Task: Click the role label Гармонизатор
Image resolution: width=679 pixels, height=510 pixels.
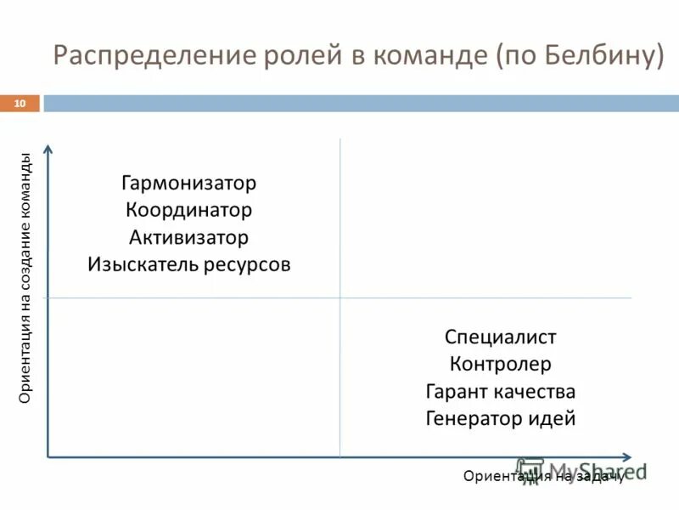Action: coord(188,183)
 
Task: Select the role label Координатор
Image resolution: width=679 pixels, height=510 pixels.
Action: coord(188,210)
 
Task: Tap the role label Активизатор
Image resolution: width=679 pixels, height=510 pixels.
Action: coord(188,237)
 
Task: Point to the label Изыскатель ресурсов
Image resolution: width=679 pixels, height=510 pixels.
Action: coord(188,264)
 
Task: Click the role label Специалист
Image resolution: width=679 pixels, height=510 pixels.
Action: coord(500,337)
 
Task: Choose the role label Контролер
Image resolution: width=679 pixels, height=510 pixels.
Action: coord(500,364)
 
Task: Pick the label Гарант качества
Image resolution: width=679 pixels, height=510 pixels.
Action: coord(500,391)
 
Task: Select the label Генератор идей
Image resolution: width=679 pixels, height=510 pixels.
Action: coord(500,418)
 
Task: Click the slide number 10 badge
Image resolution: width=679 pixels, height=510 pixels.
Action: coord(20,103)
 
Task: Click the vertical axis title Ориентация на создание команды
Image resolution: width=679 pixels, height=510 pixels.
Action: coord(25,278)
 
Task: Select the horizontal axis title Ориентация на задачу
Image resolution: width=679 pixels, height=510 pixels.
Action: coord(544,476)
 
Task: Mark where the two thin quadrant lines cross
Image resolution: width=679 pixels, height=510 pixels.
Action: coord(339,297)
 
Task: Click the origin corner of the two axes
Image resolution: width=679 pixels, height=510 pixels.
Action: coord(48,456)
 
